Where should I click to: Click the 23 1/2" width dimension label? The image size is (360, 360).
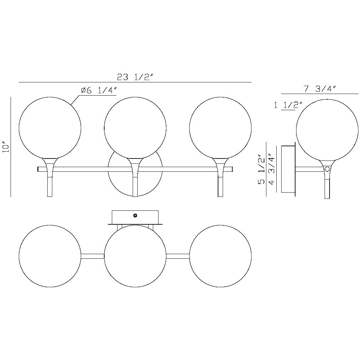(x=135, y=77)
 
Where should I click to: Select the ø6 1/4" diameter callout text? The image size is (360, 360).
(x=99, y=91)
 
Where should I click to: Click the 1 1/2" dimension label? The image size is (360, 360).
(x=288, y=106)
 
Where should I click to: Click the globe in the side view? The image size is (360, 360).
(x=327, y=130)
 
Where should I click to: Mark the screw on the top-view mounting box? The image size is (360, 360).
(x=135, y=216)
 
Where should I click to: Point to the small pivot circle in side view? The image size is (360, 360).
(x=327, y=169)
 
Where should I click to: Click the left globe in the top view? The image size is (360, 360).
(x=50, y=256)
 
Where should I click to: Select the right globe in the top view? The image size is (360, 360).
(x=220, y=256)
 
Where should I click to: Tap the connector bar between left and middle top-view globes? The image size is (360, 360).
(x=93, y=256)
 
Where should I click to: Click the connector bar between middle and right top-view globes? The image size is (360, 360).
(x=178, y=256)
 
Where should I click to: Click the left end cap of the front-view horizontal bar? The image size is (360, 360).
(x=39, y=169)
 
